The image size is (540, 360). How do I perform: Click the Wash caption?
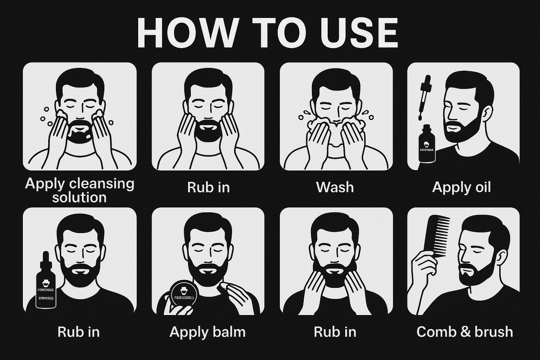335,187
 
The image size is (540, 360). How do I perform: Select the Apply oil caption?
461,187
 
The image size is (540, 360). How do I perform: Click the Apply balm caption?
207,332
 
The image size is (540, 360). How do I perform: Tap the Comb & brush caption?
464,332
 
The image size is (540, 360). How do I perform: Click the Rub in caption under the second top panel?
208,187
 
